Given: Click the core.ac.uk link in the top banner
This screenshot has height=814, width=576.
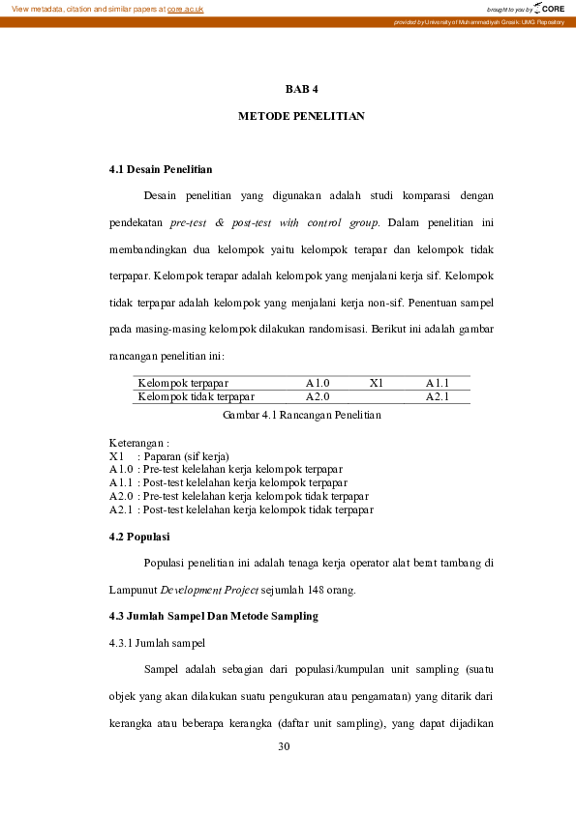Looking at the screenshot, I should coord(185,9).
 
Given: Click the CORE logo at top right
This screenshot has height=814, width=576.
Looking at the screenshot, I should coord(548,8).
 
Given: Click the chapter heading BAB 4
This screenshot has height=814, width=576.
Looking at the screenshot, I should coord(301,89).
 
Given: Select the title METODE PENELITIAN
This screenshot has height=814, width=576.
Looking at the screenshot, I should coord(301,116).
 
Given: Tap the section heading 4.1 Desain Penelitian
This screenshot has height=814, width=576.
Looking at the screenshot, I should coord(161,170).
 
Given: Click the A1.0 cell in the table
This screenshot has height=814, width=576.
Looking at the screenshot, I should coord(318,383).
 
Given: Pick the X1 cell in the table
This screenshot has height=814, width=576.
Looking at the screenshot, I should coord(377,383).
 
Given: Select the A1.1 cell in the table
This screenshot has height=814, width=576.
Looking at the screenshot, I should coord(437,383).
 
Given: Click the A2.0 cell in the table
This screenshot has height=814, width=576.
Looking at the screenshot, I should coord(318,396).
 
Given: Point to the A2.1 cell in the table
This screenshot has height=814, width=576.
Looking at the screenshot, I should coord(437,396).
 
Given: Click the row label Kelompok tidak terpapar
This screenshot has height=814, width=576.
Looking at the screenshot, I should coord(197,396).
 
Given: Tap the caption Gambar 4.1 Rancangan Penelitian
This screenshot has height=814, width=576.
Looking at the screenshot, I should coord(301,415).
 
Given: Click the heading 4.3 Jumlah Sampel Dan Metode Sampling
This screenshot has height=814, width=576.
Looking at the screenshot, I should coord(213,616).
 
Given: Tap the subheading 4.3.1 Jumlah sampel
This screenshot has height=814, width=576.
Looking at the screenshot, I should coord(156,642).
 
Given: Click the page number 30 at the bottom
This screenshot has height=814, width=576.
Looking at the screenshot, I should coord(284,746).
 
